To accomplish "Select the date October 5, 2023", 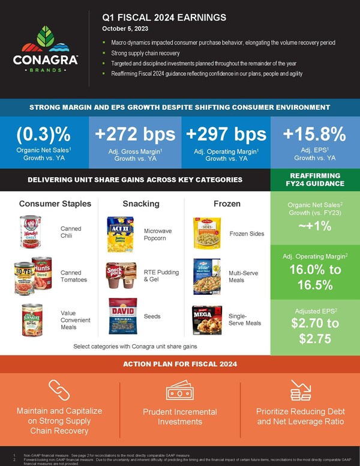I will pos(124,29).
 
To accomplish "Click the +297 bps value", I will pos(224,133).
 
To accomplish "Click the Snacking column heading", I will pos(141,204).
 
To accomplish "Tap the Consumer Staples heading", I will pos(55,204).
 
